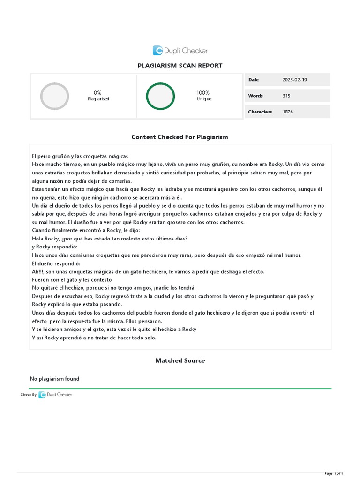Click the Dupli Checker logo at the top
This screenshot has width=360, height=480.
click(x=180, y=51)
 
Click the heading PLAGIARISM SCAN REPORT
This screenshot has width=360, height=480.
click(x=180, y=66)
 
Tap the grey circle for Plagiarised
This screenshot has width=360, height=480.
click(x=55, y=96)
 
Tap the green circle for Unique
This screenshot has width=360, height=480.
click(x=160, y=96)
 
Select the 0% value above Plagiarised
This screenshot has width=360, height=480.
click(x=97, y=93)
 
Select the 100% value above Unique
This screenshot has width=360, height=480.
click(x=203, y=93)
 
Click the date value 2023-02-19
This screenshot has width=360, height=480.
click(x=295, y=80)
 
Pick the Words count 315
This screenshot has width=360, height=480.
click(x=286, y=96)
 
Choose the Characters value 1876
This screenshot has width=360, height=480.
click(x=288, y=112)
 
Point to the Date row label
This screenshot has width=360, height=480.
click(x=254, y=80)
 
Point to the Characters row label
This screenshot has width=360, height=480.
click(x=260, y=112)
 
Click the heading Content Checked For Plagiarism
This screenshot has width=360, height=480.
click(x=180, y=137)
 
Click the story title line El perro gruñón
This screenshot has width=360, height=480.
click(x=80, y=156)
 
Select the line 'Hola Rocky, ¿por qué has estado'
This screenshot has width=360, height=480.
click(x=110, y=239)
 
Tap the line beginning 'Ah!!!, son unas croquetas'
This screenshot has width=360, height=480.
click(x=148, y=271)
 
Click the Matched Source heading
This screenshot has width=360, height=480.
click(x=180, y=360)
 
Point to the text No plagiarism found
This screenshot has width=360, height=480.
click(x=54, y=379)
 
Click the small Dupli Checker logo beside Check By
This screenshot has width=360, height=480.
click(x=55, y=395)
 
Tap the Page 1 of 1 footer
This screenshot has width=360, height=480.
click(x=337, y=473)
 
